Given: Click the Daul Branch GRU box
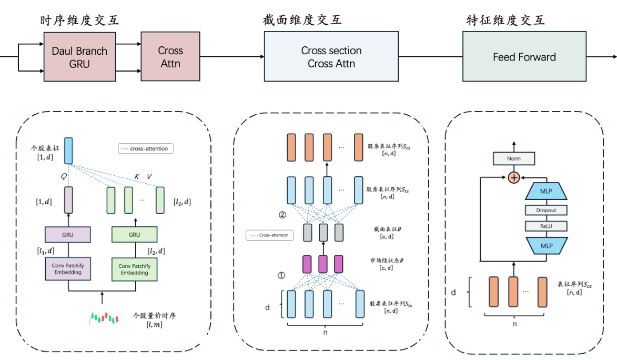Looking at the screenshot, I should coord(79,57).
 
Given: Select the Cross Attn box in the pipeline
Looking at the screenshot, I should coord(170,57).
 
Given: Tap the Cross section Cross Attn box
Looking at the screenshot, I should coord(331,57).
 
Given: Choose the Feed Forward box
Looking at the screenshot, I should coord(524,57).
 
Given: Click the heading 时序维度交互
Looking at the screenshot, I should coord(79,21).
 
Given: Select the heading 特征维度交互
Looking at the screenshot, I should coord(505,21).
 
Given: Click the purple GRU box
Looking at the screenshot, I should coord(68,234).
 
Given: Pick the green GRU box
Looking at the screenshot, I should coord(134,234).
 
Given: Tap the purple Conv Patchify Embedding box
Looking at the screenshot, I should coord(68,269).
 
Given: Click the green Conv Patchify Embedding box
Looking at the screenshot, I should coord(134,269).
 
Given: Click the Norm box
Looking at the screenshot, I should coord(514,158).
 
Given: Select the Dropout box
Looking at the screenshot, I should coord(545,210).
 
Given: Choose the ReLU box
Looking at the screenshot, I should coord(545,226).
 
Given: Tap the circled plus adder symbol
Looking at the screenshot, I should coord(514,178).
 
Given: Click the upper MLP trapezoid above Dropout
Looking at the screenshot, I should coord(545,192).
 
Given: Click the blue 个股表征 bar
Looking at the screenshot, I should coord(68,150).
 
